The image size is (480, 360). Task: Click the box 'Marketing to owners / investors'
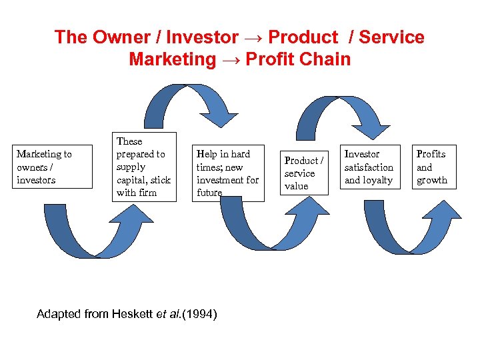pos(53,167)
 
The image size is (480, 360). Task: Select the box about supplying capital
pos(144,167)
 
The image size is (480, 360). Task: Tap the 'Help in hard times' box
pos(227,173)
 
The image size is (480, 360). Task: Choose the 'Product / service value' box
pos(304,173)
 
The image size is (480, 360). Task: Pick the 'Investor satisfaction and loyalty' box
pos(369,167)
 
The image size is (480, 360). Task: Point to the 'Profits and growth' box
pos(432,167)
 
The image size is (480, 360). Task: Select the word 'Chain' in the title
pos(325,59)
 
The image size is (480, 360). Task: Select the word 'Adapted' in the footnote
pos(57,313)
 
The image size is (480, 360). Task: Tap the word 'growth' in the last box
pos(432,180)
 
